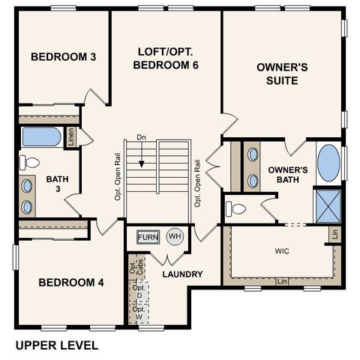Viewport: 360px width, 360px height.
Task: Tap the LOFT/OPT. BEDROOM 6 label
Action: coord(166,58)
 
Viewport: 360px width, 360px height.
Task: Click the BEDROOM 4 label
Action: coord(71,283)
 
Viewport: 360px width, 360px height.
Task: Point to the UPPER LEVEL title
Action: coord(57,346)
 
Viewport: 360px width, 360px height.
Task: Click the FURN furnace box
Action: coord(148,237)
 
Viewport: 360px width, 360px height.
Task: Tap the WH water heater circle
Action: coord(174,237)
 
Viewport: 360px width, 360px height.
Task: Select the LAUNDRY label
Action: coord(182,274)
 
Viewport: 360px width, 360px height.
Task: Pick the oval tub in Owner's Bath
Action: coord(328,163)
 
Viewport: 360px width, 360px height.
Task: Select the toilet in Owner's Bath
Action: coord(237,208)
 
